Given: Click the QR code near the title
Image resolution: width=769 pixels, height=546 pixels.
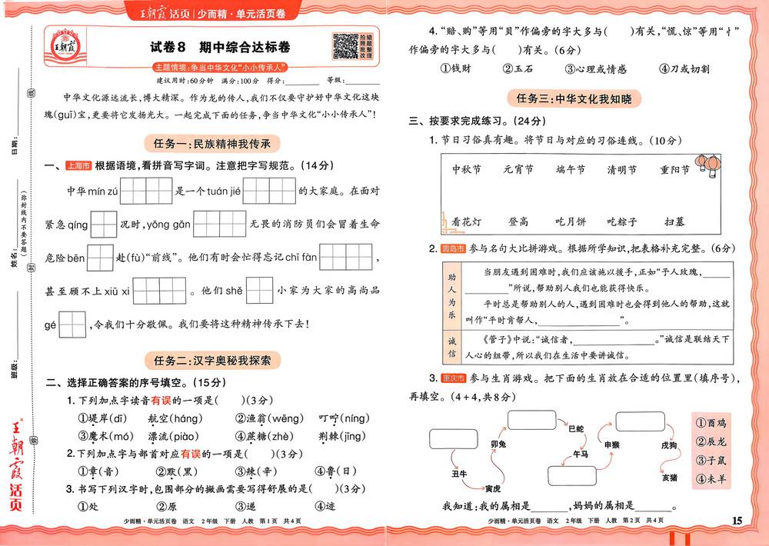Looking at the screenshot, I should coord(345,46).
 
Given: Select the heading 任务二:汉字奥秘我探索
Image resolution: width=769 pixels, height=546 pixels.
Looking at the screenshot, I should coord(211,359).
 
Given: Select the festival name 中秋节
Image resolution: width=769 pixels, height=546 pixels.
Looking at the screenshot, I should coord(467,169).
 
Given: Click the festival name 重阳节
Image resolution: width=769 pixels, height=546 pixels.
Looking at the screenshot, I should coord(674,169).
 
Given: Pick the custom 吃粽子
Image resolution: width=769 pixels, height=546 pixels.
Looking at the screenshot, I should coord(621,221).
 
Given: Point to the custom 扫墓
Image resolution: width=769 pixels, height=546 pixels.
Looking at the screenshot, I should coord(674,221).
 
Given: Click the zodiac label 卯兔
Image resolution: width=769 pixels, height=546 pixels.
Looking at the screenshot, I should coord(498,444).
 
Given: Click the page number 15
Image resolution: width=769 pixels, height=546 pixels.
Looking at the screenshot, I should coord(737,521).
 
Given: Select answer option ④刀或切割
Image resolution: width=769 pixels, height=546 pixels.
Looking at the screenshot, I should coord(678,68).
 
